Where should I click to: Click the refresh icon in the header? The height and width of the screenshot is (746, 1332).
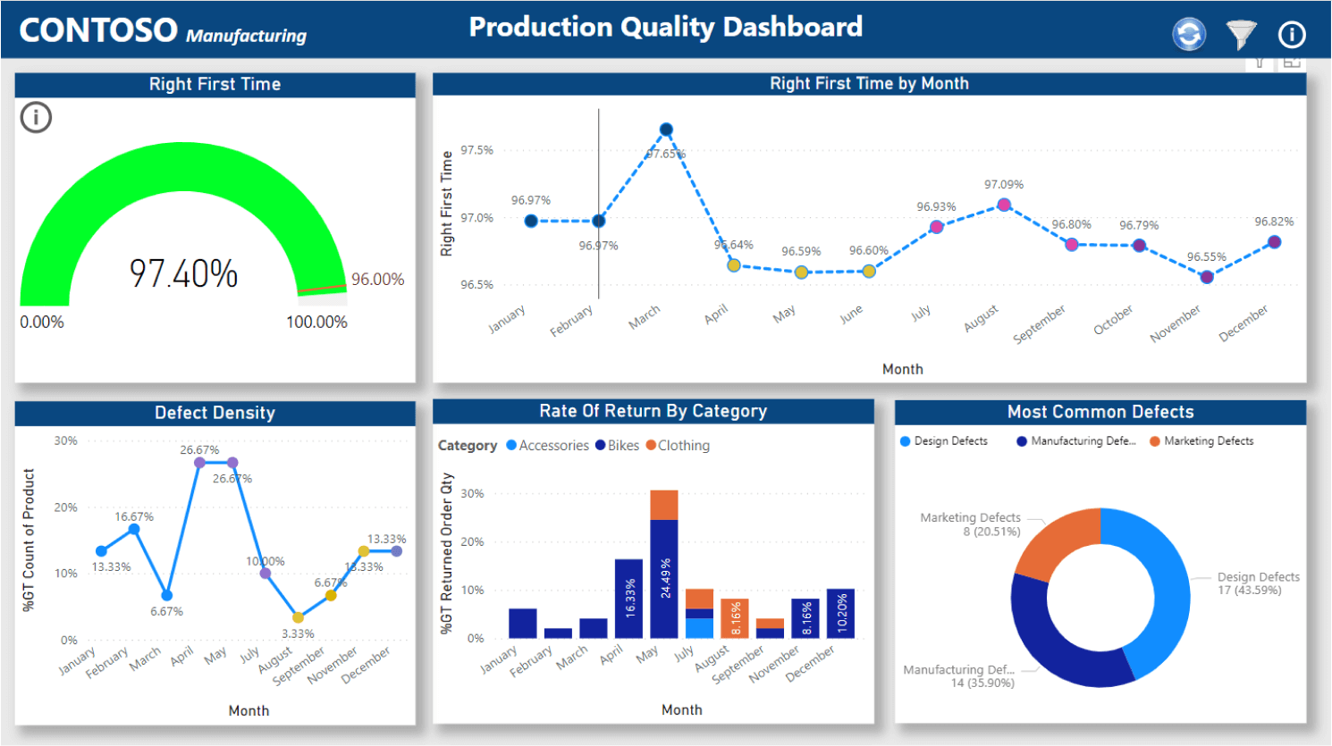tap(1188, 35)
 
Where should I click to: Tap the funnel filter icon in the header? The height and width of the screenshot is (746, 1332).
tap(1241, 35)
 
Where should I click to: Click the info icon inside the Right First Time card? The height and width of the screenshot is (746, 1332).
tap(36, 117)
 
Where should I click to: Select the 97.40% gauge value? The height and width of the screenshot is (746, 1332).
tap(183, 273)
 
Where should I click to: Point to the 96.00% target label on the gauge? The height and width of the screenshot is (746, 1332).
tap(377, 280)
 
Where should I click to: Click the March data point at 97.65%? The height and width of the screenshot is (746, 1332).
tap(666, 130)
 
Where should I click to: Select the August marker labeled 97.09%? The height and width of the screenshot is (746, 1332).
tap(1004, 205)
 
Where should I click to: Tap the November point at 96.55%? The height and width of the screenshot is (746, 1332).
tap(1207, 277)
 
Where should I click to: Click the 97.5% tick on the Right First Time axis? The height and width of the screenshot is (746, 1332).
tap(476, 150)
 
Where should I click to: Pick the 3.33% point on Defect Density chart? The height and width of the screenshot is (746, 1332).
tap(298, 617)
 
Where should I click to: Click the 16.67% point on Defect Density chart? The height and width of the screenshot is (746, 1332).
tap(134, 529)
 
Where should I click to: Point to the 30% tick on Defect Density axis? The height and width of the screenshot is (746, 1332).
tap(65, 440)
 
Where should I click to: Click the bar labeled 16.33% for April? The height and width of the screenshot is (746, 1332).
tap(628, 599)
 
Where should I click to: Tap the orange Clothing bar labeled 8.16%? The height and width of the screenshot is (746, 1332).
tap(735, 617)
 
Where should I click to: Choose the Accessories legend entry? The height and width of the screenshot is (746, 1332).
tap(547, 446)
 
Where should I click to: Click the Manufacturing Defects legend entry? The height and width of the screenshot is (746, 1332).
tap(1076, 441)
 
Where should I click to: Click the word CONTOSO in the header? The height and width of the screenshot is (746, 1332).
tap(98, 31)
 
